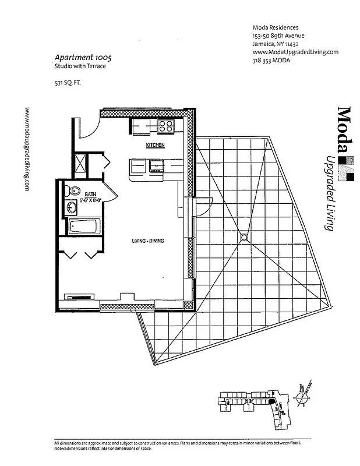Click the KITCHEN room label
click(155, 144)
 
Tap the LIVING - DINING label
click(149, 241)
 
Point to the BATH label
click(90, 194)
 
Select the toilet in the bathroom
click(73, 190)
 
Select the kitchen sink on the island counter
click(156, 167)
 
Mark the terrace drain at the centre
click(243, 236)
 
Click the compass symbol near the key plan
click(302, 398)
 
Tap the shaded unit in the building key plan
click(273, 402)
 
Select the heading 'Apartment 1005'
click(83, 58)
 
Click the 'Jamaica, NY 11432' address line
click(276, 44)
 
